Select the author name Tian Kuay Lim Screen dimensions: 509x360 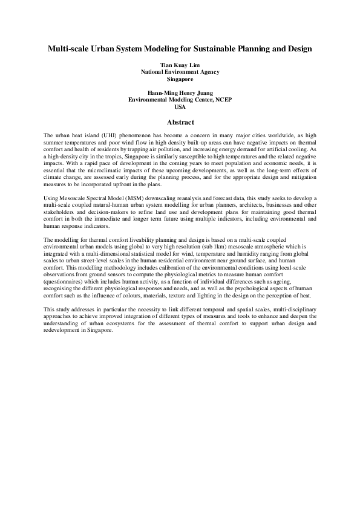[x=180, y=64]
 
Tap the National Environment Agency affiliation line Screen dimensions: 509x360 [x=180, y=71]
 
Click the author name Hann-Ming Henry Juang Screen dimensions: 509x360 [x=180, y=93]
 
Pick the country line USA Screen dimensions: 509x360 [x=180, y=107]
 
